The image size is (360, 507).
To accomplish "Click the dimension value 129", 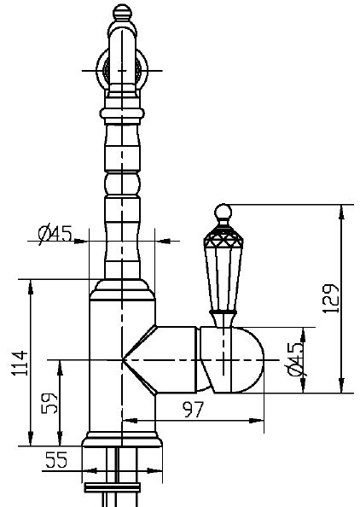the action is click(331, 299).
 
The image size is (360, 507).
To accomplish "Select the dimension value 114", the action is click(20, 363).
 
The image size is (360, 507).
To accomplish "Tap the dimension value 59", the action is click(49, 403).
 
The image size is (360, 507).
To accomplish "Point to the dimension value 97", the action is click(193, 410).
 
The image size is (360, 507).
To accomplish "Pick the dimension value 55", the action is click(56, 460).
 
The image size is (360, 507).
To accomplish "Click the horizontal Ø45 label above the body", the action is click(55, 234).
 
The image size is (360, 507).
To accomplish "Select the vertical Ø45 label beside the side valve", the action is click(295, 358).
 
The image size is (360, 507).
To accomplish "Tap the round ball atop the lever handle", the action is click(223, 213).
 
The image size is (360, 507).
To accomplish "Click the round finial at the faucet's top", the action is click(123, 12).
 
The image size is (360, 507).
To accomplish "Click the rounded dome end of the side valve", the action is click(247, 359).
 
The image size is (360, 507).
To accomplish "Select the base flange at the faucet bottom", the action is click(122, 439).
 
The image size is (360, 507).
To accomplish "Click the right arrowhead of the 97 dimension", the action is click(257, 421).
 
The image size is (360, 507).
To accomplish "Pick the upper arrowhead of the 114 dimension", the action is click(31, 286).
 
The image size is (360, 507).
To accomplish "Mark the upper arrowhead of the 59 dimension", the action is click(60, 367).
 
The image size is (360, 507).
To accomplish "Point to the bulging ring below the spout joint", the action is click(122, 114).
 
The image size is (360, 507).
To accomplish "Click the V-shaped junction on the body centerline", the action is click(122, 359).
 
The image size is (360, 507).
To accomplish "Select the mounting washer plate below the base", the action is click(112, 487).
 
